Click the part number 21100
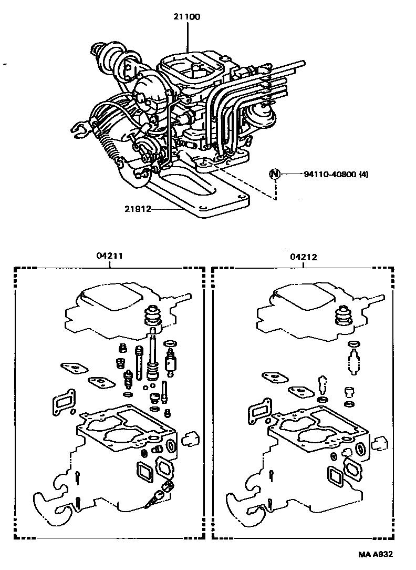click(188, 17)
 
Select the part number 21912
click(138, 209)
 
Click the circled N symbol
click(274, 174)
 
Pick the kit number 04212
click(303, 257)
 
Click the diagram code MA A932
click(376, 554)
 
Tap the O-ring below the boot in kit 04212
click(354, 344)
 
